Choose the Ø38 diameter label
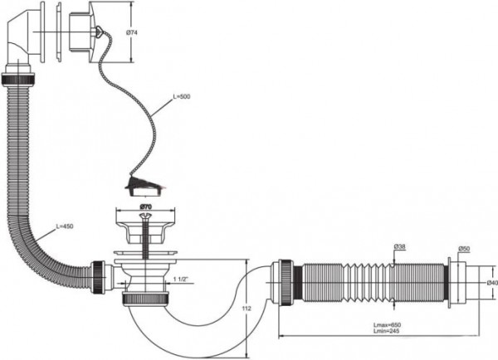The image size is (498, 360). coord(399,246)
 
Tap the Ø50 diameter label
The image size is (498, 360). coord(463,249)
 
